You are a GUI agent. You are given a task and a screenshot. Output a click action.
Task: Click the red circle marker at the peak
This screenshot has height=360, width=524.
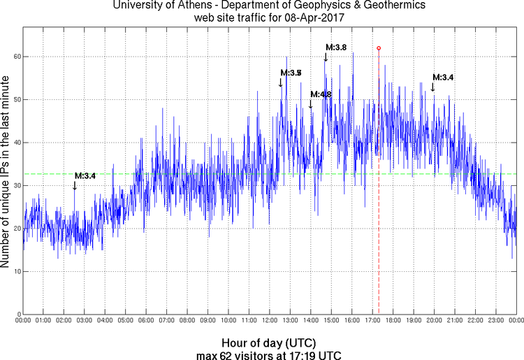379,48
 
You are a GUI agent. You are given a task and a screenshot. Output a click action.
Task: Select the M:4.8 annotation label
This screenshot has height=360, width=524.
321,94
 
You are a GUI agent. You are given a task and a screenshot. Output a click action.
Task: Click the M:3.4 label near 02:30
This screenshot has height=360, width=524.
85,175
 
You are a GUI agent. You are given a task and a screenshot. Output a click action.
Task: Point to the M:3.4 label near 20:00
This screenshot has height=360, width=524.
443,77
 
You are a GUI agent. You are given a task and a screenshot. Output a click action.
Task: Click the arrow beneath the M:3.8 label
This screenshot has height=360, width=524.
326,57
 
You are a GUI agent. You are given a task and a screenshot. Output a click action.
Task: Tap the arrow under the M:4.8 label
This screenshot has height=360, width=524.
310,104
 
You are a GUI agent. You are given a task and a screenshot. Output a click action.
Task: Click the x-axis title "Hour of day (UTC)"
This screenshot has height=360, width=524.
268,343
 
